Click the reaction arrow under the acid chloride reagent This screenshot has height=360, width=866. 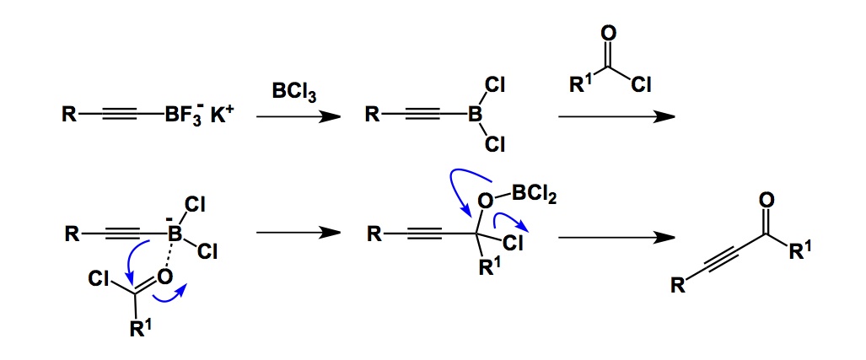616,117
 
